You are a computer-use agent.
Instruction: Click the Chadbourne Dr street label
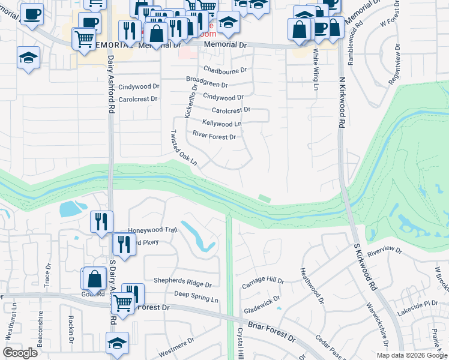pos(225,70)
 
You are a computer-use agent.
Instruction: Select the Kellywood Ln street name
pos(221,124)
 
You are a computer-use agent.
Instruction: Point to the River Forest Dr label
pos(214,137)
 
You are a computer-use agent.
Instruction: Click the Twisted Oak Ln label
pos(184,148)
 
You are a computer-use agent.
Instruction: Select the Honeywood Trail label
pos(153,230)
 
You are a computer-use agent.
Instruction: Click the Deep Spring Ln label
pos(196,294)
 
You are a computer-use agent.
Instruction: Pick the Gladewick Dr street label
pos(262,305)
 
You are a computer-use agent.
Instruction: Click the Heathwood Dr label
pos(311,285)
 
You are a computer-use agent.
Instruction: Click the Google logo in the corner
pos(20,353)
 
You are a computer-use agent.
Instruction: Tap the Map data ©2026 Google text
pos(412,355)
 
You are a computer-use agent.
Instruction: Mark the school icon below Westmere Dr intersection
pos(117,343)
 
